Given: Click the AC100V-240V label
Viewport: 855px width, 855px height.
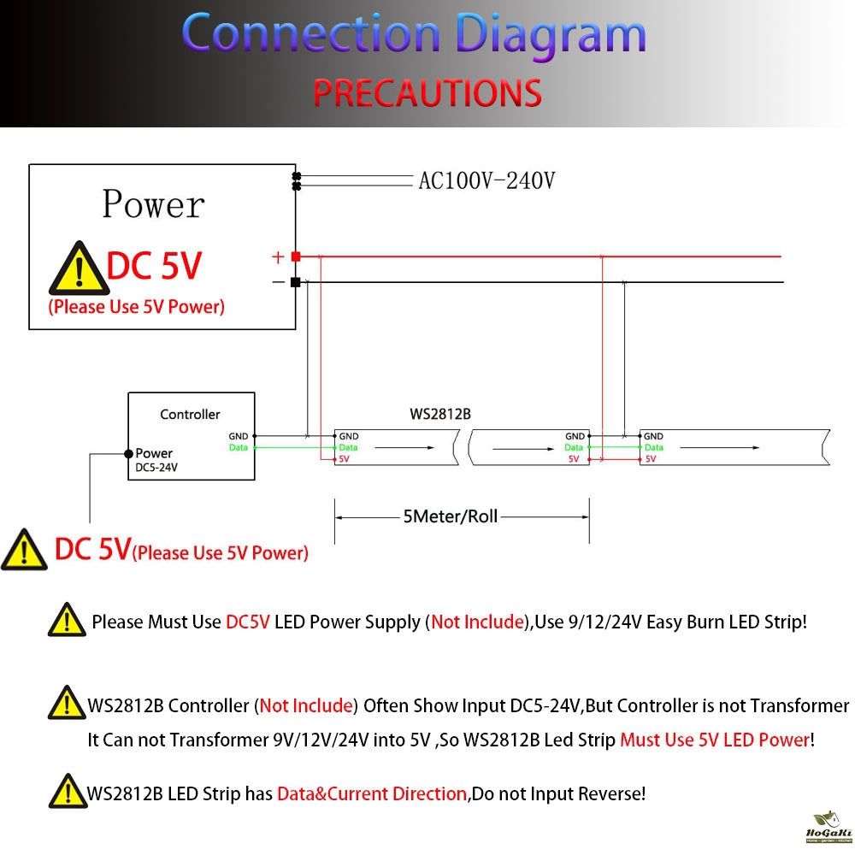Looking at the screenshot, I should pos(486,180).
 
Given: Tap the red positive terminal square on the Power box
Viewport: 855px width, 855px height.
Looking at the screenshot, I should pos(296,256).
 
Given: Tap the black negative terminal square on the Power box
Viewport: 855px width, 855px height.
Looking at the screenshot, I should pos(296,282).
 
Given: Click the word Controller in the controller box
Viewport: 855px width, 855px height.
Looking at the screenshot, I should pos(190,414).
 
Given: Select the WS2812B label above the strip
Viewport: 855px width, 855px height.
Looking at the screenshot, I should pos(440,414).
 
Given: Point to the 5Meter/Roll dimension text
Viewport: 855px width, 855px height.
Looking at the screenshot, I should pos(450,516).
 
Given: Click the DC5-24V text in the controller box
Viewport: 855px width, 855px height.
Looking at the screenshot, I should pos(156,468).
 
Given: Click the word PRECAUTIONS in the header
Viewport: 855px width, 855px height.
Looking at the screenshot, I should pos(427,92).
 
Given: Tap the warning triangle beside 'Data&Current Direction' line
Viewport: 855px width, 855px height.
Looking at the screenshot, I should pos(66,792).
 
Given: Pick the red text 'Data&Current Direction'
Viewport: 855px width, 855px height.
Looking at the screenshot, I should pos(372,793).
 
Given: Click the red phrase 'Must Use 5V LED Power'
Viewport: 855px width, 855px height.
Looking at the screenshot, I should pos(714,740).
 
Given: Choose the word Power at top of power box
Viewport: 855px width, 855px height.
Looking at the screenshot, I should pos(153,204).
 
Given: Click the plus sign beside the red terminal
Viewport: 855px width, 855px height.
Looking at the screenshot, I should pos(277,256).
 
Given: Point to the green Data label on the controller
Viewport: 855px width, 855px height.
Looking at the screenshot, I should pos(238,448).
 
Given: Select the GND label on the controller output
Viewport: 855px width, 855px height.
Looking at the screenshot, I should pos(238,436).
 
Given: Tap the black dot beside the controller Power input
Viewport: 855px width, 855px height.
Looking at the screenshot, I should pos(127,453).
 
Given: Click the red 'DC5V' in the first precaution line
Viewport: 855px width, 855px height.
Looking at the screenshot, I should pos(248,622).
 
